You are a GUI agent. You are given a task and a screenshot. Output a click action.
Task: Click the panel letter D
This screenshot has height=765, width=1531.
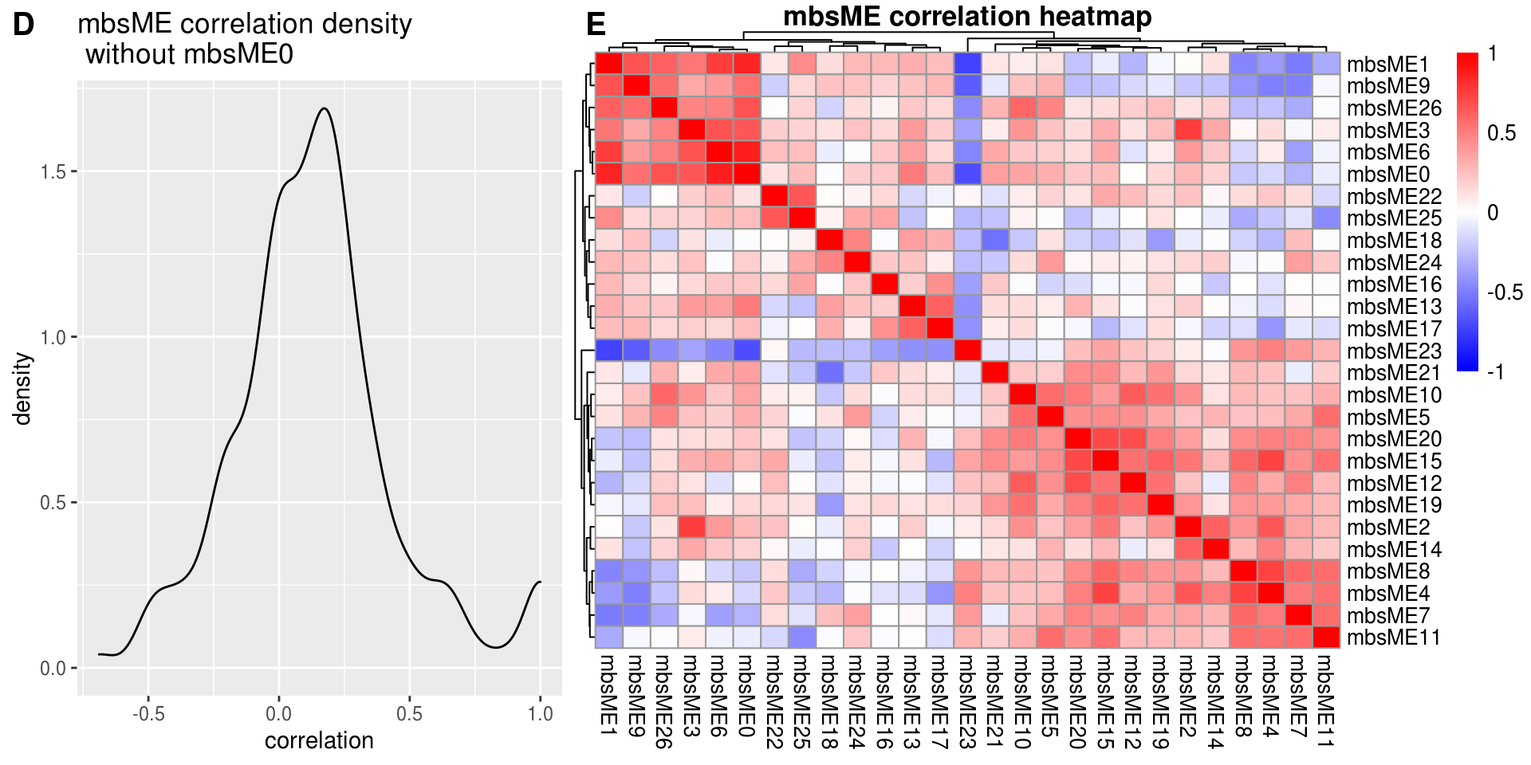(23, 25)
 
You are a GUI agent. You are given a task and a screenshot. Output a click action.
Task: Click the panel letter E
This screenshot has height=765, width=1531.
(596, 25)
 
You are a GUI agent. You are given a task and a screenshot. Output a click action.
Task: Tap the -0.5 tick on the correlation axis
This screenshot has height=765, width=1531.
(148, 714)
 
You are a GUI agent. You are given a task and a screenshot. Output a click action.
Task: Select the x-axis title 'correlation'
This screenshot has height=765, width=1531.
(319, 741)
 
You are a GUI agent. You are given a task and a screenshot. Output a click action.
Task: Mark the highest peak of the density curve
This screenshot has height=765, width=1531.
(323, 108)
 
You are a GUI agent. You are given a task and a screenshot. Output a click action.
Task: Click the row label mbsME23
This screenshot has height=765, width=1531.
(1393, 351)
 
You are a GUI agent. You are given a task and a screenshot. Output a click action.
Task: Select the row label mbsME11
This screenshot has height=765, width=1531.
(1393, 637)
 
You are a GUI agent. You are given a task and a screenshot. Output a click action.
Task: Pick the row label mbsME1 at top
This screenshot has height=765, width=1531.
(1387, 65)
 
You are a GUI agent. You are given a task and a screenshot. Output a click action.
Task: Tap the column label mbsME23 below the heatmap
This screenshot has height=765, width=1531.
(966, 701)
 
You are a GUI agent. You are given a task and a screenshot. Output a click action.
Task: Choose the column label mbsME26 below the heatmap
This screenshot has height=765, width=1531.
(663, 701)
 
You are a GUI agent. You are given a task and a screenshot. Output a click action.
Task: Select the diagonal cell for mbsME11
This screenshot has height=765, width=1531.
(1326, 637)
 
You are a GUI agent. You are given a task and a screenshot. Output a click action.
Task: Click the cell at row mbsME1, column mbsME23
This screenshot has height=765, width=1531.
(967, 64)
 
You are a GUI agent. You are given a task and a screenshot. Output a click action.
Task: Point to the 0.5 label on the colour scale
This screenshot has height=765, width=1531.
(1501, 133)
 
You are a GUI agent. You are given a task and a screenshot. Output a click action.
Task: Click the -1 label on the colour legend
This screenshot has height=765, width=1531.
(1495, 372)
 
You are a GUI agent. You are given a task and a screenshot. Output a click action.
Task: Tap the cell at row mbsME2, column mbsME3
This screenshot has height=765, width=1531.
(692, 527)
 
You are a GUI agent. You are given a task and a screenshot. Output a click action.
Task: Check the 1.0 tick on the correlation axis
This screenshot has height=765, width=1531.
(540, 714)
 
